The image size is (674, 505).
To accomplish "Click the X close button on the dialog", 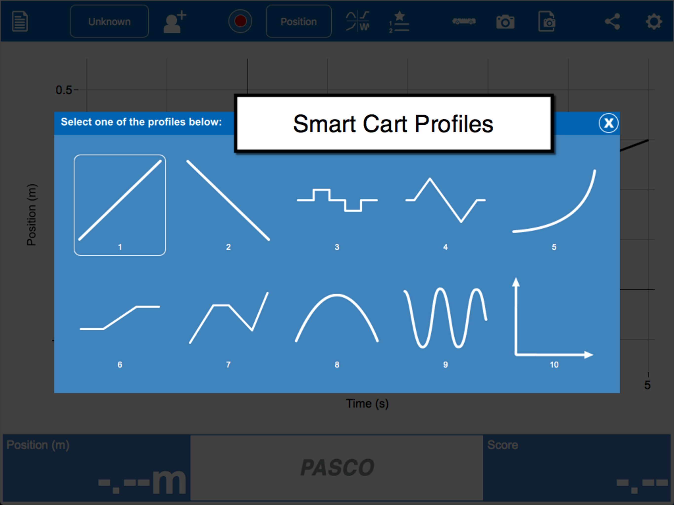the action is point(608,123).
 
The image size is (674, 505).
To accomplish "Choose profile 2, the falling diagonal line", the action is point(228,200).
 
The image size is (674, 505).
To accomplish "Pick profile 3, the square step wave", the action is point(337,200).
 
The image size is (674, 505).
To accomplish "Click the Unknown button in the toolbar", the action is point(109,21).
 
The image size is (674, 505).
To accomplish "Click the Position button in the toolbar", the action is point(299,21).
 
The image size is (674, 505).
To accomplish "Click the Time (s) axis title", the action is point(367,404).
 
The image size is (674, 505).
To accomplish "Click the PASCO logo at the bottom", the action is point(337,468).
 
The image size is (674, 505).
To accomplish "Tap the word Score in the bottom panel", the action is point(503,445).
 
